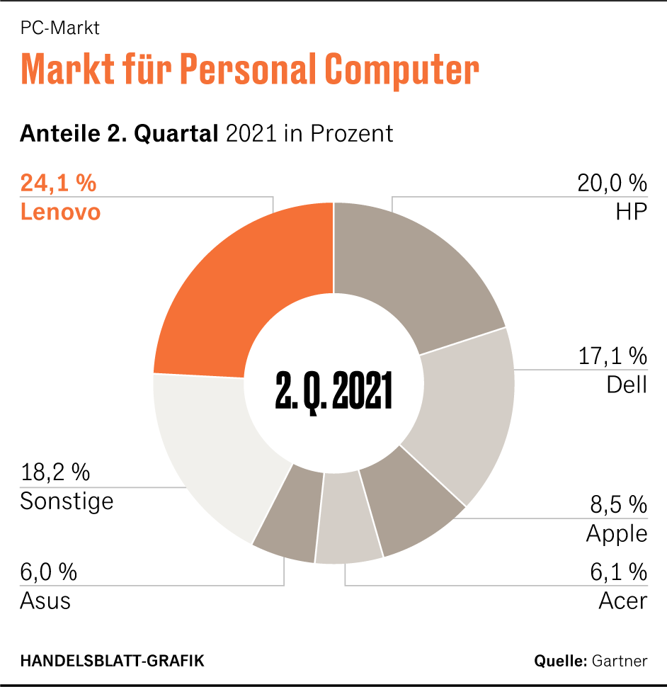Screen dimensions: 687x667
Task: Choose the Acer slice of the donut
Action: (x=348, y=524)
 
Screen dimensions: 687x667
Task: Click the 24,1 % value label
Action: (x=58, y=183)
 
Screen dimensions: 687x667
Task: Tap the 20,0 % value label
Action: (x=612, y=183)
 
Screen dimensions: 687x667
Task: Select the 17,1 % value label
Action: (x=612, y=355)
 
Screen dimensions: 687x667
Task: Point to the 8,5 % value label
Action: (x=618, y=504)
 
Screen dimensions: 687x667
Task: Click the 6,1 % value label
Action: (x=618, y=571)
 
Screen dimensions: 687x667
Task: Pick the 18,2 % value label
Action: (x=55, y=472)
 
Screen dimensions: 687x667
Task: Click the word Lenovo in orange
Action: (x=60, y=212)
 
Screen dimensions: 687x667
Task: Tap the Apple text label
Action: (x=616, y=533)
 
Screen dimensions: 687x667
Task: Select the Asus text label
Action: (x=45, y=601)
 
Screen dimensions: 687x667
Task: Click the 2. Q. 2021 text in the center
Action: (x=333, y=389)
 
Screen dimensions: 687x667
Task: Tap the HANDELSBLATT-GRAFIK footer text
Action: (x=112, y=661)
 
